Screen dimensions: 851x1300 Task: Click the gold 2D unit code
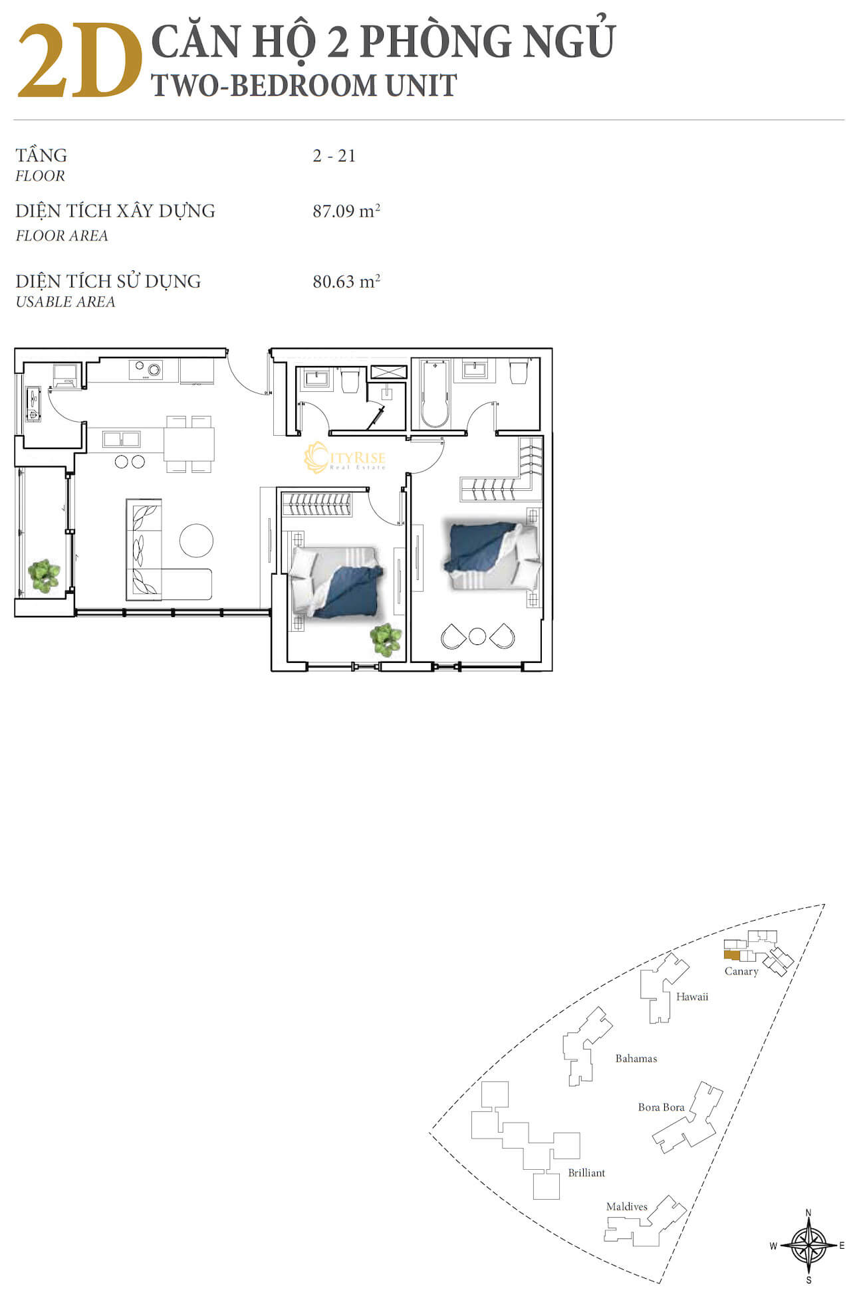pos(80,62)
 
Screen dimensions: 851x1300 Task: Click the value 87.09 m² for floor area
pos(346,211)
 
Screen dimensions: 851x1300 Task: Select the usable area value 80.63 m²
pos(346,281)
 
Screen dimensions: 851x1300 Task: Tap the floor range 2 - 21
pos(334,155)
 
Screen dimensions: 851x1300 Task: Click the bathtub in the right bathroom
pos(435,394)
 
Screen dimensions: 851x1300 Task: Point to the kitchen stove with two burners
pos(146,369)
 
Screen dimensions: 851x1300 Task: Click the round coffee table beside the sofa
pos(196,540)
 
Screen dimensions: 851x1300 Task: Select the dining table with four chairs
pos(189,444)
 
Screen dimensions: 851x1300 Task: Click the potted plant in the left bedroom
pos(386,640)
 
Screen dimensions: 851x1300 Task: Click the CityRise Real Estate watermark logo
pos(344,458)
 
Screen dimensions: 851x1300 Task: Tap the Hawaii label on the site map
pos(692,996)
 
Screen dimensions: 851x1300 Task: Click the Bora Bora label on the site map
pos(661,1107)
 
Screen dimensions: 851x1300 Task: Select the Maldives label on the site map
pos(627,1206)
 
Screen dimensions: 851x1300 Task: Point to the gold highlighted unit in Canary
pos(731,955)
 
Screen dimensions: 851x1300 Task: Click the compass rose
pos(808,1246)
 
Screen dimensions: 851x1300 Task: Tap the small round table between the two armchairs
pos(477,636)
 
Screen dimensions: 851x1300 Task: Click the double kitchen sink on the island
pos(121,439)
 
